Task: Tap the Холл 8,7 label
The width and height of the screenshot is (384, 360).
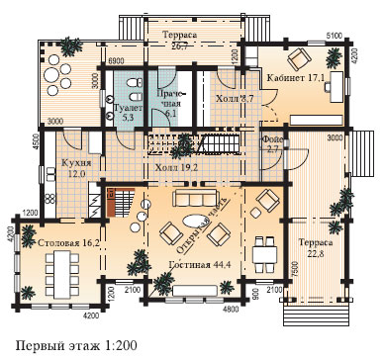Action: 234,99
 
